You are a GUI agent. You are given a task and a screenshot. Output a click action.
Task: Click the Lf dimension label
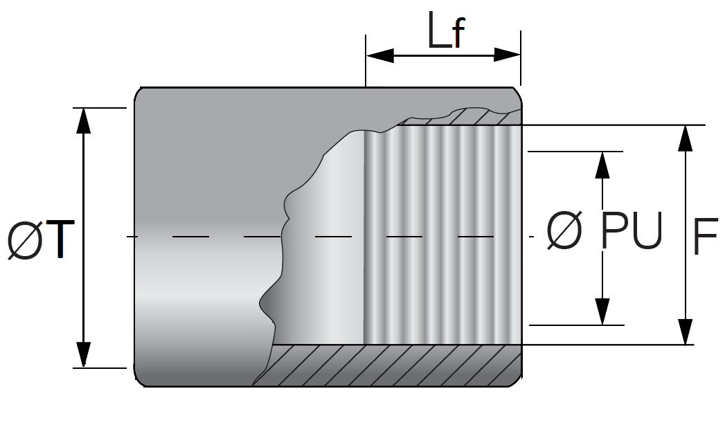click(x=446, y=30)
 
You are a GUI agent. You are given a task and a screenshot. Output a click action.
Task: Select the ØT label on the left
click(x=41, y=239)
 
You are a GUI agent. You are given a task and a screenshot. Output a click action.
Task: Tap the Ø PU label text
click(x=605, y=230)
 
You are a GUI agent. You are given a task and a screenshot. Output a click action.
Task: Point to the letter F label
click(x=706, y=236)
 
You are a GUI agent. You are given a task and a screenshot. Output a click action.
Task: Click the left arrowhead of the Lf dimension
click(x=380, y=55)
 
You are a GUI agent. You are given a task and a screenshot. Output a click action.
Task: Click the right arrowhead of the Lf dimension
click(x=507, y=55)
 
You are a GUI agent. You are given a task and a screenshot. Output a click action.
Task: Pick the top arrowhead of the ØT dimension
click(x=83, y=120)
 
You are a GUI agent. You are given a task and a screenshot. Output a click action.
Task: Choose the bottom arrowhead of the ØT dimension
click(x=83, y=355)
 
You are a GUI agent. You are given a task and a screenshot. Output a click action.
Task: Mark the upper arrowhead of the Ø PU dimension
click(x=602, y=165)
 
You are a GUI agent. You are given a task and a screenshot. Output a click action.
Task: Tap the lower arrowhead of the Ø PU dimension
click(x=602, y=311)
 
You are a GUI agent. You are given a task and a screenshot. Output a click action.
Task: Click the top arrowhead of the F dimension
click(x=686, y=138)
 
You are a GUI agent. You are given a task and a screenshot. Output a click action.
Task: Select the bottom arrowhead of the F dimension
click(x=686, y=331)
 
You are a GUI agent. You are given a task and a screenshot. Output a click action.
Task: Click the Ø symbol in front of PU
click(x=564, y=230)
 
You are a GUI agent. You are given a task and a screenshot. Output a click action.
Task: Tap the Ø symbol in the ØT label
click(x=26, y=240)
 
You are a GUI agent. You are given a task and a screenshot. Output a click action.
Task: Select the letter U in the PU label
click(x=647, y=230)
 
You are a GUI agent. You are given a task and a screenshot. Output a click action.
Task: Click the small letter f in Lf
click(x=458, y=33)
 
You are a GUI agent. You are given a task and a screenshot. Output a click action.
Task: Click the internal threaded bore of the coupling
click(x=443, y=235)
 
